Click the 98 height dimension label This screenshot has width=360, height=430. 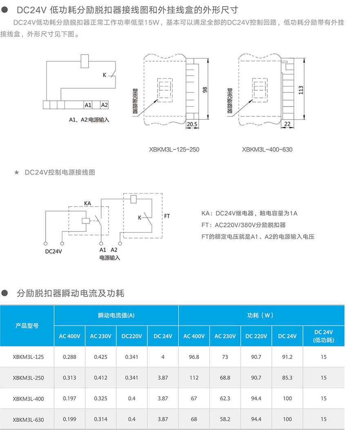pyautogui.click(x=205, y=89)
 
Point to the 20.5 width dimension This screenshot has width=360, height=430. pyautogui.click(x=192, y=123)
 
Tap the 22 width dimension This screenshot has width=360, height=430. pyautogui.click(x=287, y=123)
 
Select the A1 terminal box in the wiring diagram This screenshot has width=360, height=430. pyautogui.click(x=88, y=105)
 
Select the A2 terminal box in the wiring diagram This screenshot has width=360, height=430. pyautogui.click(x=104, y=105)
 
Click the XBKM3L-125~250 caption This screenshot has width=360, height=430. pyautogui.click(x=174, y=149)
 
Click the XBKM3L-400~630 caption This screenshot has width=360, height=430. pyautogui.click(x=267, y=149)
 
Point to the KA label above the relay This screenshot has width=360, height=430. pyautogui.click(x=87, y=203)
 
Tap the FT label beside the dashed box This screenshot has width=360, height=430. pyautogui.click(x=167, y=216)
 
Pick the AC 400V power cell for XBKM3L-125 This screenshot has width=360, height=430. pyautogui.click(x=194, y=357)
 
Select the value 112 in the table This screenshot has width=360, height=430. pyautogui.click(x=194, y=378)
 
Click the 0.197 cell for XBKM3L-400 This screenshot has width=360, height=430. pyautogui.click(x=69, y=398)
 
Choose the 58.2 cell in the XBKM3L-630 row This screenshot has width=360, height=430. pyautogui.click(x=225, y=419)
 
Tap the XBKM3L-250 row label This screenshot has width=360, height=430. pyautogui.click(x=28, y=378)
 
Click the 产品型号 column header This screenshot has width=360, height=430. pyautogui.click(x=27, y=326)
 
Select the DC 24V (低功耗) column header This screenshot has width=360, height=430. pyautogui.click(x=323, y=336)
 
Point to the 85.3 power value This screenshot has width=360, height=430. pyautogui.click(x=287, y=378)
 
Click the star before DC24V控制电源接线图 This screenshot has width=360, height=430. pyautogui.click(x=16, y=173)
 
